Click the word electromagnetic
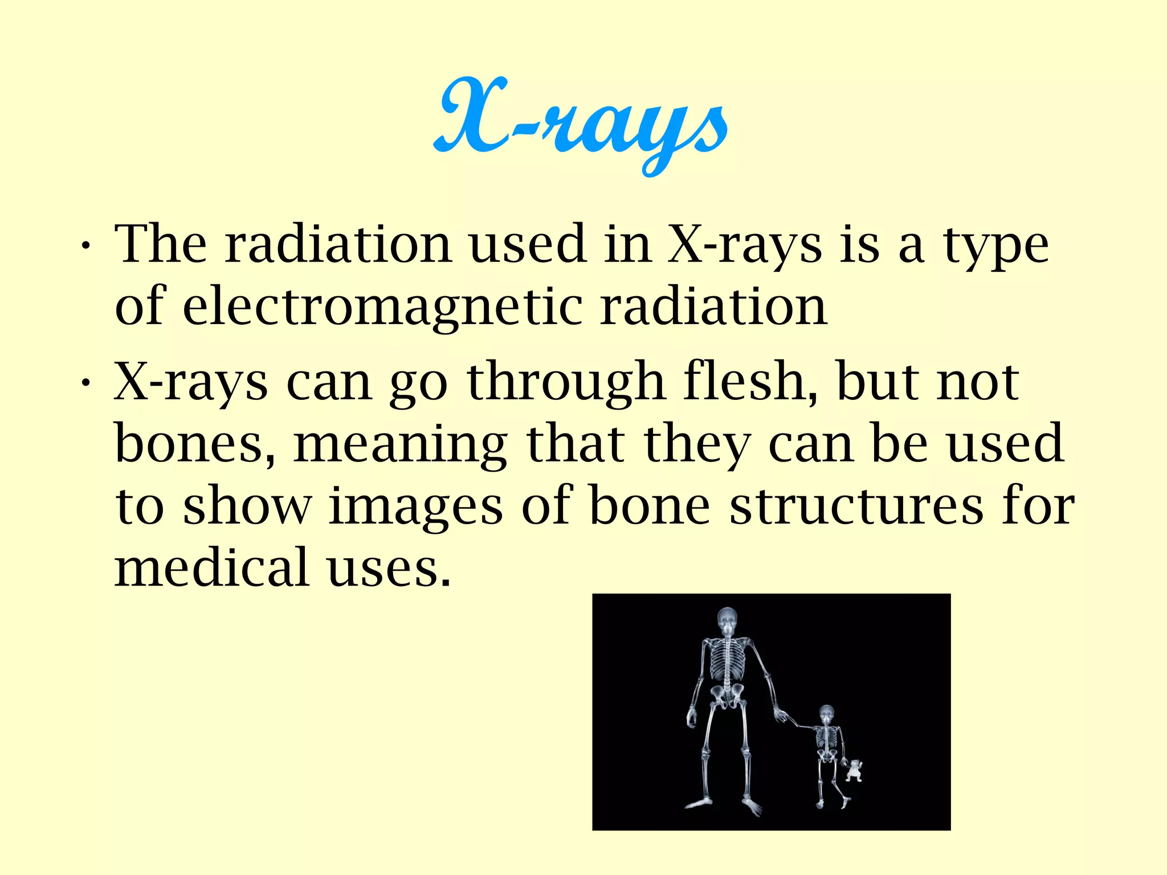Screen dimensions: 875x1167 pos(382,307)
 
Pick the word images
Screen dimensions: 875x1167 pos(416,506)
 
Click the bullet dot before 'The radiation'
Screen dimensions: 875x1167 pos(85,246)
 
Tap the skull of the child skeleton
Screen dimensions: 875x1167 pos(826,714)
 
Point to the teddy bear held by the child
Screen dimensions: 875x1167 pos(854,770)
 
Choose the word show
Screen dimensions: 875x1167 pos(247,506)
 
